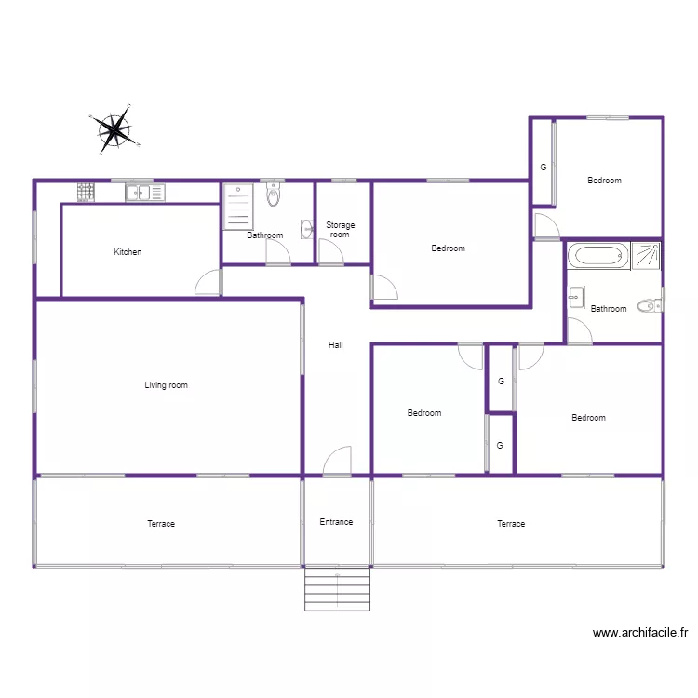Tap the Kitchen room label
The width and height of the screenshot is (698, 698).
pos(128,252)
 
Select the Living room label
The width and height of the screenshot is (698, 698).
pos(166,385)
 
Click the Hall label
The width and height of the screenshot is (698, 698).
pos(336,345)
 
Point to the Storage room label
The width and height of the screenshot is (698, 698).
pos(341,230)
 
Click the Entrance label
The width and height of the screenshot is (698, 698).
pos(336,522)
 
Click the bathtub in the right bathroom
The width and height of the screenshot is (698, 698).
pos(597,256)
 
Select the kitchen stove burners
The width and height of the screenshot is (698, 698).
pos(86,192)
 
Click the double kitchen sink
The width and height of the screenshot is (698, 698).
pos(145,193)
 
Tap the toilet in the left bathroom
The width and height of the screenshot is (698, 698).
pos(273,195)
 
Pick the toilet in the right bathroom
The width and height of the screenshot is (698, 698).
pos(648,304)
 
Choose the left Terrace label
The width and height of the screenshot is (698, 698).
pos(161,524)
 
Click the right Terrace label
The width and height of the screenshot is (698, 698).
pos(511,524)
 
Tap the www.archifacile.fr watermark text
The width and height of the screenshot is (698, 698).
pos(641,633)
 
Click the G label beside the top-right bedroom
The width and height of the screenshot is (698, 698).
pos(544,168)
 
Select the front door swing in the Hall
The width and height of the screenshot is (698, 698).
pos(338,462)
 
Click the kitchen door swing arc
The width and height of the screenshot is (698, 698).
pos(208,282)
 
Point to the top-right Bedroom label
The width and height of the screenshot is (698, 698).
pos(604,181)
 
